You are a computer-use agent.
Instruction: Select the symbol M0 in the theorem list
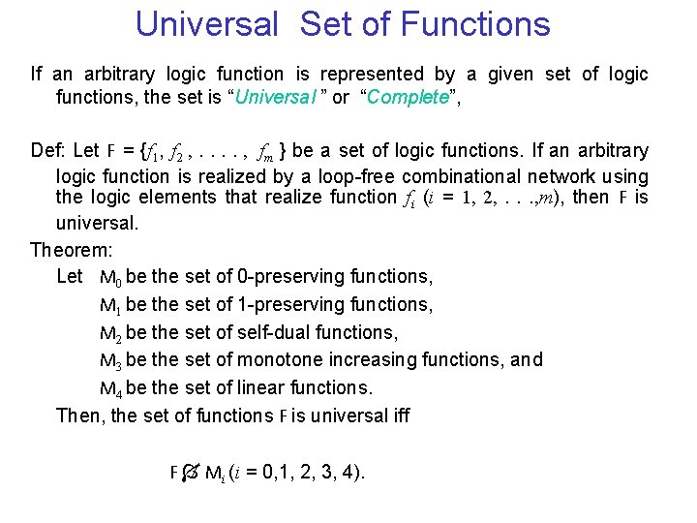click(x=111, y=277)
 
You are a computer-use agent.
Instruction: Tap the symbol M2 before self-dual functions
click(x=111, y=332)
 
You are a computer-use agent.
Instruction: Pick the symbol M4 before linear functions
click(x=111, y=388)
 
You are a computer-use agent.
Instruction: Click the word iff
click(x=399, y=415)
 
